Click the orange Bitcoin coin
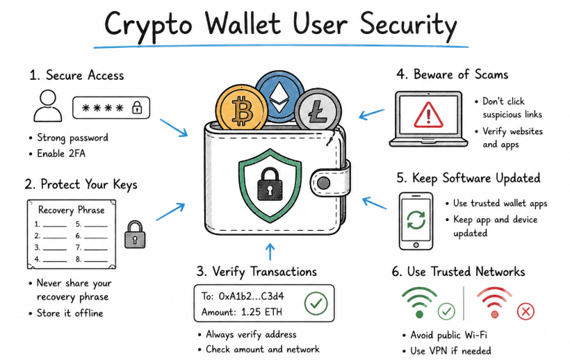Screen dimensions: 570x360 pos(241,108)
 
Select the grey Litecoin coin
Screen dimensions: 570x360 pos(318,111)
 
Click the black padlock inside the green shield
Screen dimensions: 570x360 pos(270,184)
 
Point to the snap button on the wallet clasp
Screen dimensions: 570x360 pos(323,183)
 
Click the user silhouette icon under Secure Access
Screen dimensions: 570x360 pos(48,106)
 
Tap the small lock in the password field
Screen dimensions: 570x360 pos(137,108)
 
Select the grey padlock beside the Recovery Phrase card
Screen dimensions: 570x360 pos(135,235)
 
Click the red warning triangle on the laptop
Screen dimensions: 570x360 pos(429,115)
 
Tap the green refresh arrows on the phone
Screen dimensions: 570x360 pos(416,220)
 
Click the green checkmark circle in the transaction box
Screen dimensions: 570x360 pos(316,303)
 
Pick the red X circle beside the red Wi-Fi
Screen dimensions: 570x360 pos(526,311)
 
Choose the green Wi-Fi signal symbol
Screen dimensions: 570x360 pos(419,302)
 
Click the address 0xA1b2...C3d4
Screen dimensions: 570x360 pos(251,297)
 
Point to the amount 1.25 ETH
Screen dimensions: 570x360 pos(262,312)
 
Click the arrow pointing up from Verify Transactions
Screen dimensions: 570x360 pos(270,252)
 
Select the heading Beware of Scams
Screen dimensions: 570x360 pos(461,74)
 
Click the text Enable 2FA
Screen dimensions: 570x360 pos(61,154)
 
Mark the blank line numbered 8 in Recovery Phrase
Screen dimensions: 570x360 pos(96,261)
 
